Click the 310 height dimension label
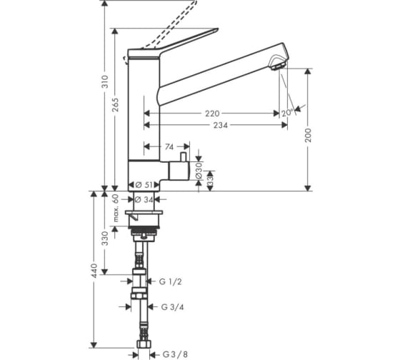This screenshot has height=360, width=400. click(105, 81)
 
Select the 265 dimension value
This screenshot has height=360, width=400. click(115, 105)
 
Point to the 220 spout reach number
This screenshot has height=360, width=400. click(212, 114)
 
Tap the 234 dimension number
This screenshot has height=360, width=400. click(221, 125)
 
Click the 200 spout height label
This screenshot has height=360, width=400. click(309, 135)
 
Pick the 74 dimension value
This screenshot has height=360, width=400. click(169, 146)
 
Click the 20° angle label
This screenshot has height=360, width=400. click(287, 113)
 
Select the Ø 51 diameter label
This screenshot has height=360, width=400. click(144, 185)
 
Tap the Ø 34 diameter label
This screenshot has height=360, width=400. click(144, 199)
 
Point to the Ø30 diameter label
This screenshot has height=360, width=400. click(199, 171)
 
